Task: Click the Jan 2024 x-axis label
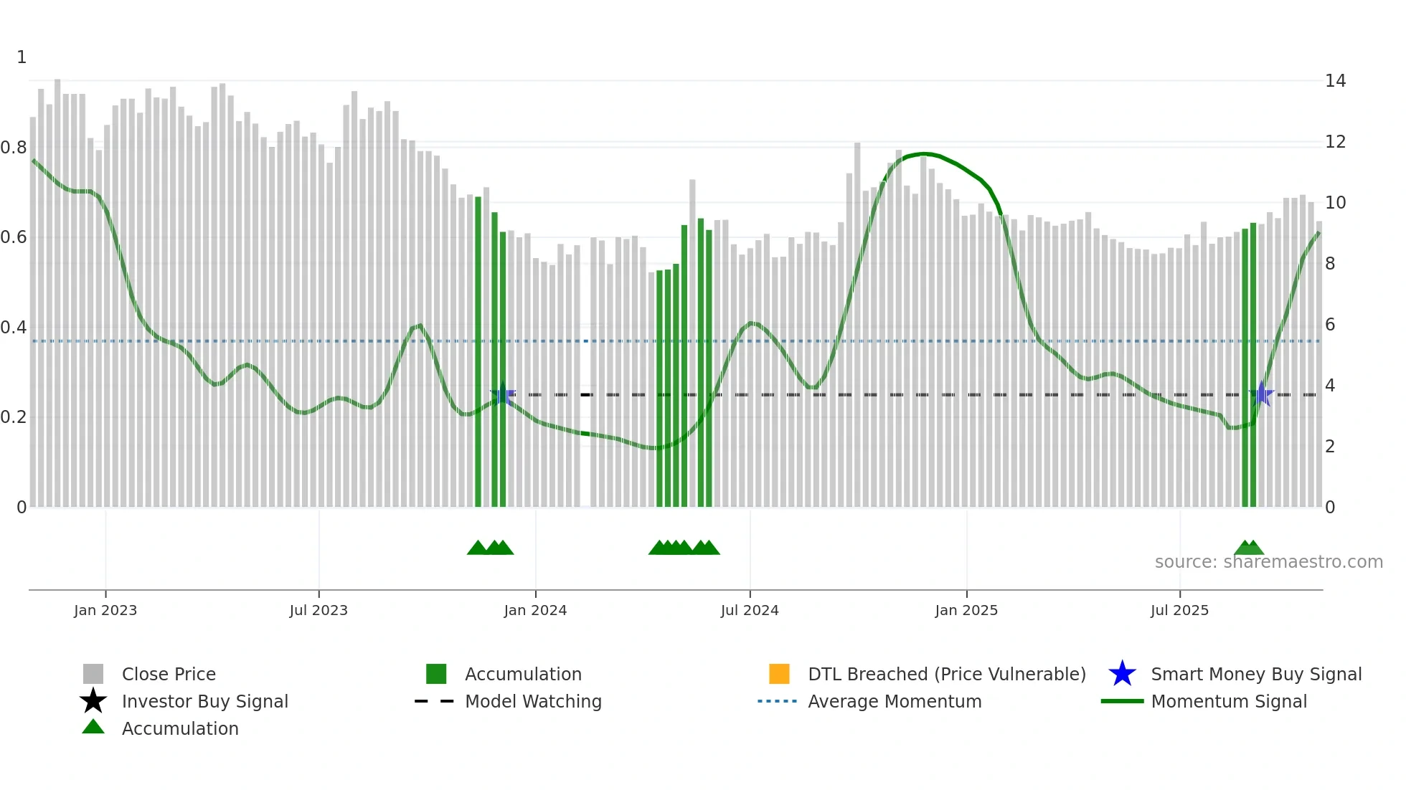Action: [x=535, y=610]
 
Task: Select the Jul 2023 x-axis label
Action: [x=319, y=610]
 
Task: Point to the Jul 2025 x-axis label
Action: [x=1179, y=610]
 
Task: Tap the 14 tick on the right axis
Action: [x=1335, y=81]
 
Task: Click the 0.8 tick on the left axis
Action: [x=14, y=148]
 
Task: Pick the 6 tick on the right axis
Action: [x=1330, y=325]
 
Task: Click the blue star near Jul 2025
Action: [x=1261, y=394]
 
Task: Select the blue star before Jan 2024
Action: [x=502, y=394]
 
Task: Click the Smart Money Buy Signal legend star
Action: [x=1122, y=674]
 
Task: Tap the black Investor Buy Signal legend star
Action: [x=93, y=701]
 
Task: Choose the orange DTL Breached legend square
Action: [x=779, y=674]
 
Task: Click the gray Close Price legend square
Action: [x=93, y=674]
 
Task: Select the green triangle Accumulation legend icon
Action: [x=93, y=727]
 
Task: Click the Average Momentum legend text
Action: [x=895, y=701]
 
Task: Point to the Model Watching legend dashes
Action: [x=435, y=701]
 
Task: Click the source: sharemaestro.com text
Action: [x=1268, y=562]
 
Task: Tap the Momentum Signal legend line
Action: [x=1122, y=701]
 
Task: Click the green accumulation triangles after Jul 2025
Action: [x=1249, y=548]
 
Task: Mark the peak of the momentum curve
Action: [x=924, y=153]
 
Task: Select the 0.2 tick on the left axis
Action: [x=14, y=417]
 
